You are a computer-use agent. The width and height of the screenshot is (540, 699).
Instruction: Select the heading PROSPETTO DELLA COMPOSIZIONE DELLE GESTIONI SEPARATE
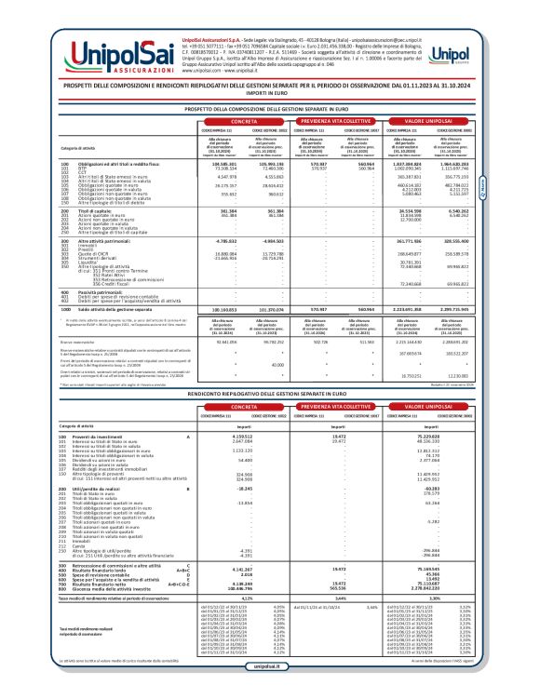coord(269,109)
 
